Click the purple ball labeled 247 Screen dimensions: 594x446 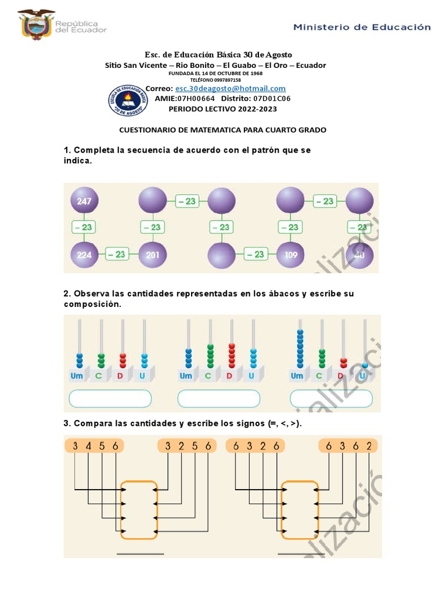[84, 201]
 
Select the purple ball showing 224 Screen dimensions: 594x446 [84, 254]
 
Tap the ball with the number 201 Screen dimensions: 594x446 [153, 254]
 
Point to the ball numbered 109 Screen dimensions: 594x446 [290, 254]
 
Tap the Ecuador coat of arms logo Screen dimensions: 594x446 [37, 24]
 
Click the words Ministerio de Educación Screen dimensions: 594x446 [362, 27]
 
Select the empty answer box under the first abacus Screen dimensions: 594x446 [110, 399]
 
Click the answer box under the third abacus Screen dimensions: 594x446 [330, 399]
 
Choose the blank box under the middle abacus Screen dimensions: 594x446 [218, 399]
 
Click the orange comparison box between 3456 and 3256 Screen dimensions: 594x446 [139, 509]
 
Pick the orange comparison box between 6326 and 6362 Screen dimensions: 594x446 [300, 509]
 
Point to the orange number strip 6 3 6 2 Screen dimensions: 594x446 [348, 446]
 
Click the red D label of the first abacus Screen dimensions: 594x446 [121, 376]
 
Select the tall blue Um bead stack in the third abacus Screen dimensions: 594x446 [300, 347]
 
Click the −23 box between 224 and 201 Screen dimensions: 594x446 [117, 254]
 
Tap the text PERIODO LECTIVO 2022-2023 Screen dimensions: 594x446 [222, 109]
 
